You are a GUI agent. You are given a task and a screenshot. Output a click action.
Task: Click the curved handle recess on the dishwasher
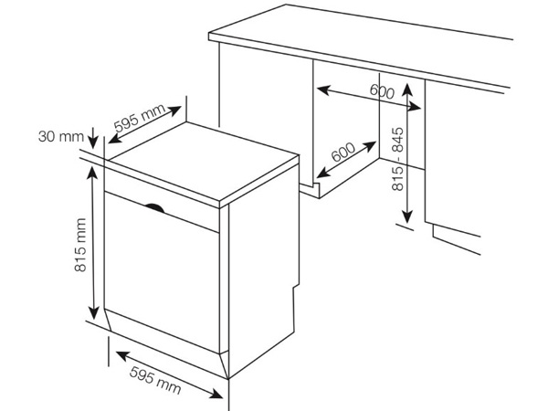point(154,207)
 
